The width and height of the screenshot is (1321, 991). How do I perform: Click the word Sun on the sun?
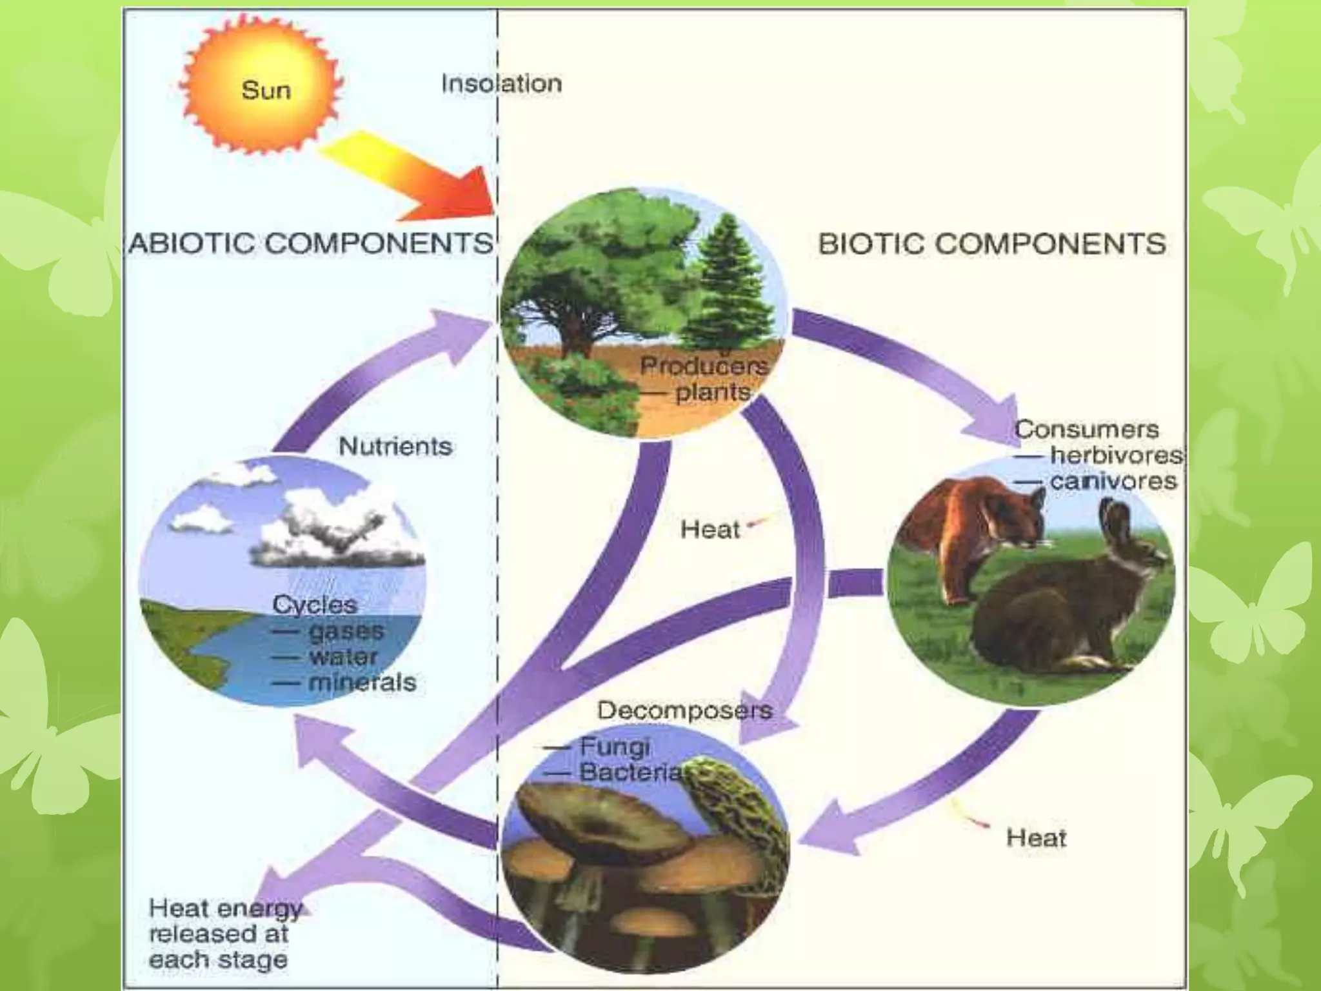(266, 90)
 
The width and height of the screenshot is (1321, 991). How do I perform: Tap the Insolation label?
(501, 84)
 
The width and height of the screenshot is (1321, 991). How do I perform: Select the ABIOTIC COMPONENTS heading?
(311, 244)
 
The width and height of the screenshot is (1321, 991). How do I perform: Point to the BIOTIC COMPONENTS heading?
(991, 244)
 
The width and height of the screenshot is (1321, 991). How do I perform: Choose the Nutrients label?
(395, 446)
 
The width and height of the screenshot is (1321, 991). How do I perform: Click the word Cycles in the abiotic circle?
(314, 605)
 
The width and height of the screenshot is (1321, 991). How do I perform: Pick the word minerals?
(363, 682)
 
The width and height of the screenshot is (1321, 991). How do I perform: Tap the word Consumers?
(1086, 430)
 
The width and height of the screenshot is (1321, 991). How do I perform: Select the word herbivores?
(1117, 455)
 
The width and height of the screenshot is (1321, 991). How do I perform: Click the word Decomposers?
(684, 710)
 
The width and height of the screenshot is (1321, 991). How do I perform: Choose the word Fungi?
(615, 747)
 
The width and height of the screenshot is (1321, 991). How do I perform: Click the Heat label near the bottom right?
(1036, 838)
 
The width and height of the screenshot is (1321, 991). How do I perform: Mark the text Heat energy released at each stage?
(223, 933)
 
